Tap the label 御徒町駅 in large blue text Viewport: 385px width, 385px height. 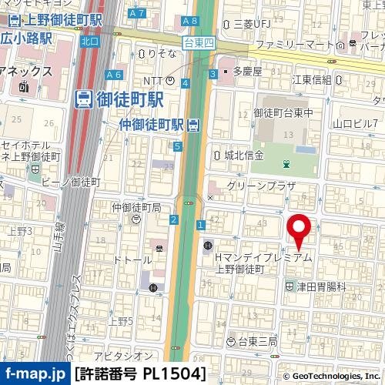tap(119, 99)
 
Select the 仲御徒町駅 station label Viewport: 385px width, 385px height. tap(153, 124)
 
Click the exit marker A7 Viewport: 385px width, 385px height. tap(137, 13)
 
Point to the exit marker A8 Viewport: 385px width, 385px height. tap(189, 21)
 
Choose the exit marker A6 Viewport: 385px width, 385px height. tap(114, 75)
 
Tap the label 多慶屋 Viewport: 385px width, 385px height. tap(246, 71)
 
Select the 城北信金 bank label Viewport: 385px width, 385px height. tap(244, 155)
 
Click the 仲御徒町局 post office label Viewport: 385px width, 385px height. tap(136, 207)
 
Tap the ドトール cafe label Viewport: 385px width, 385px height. tap(132, 260)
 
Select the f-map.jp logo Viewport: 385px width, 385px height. tap(35, 374)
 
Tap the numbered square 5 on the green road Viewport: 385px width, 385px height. tap(177, 146)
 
